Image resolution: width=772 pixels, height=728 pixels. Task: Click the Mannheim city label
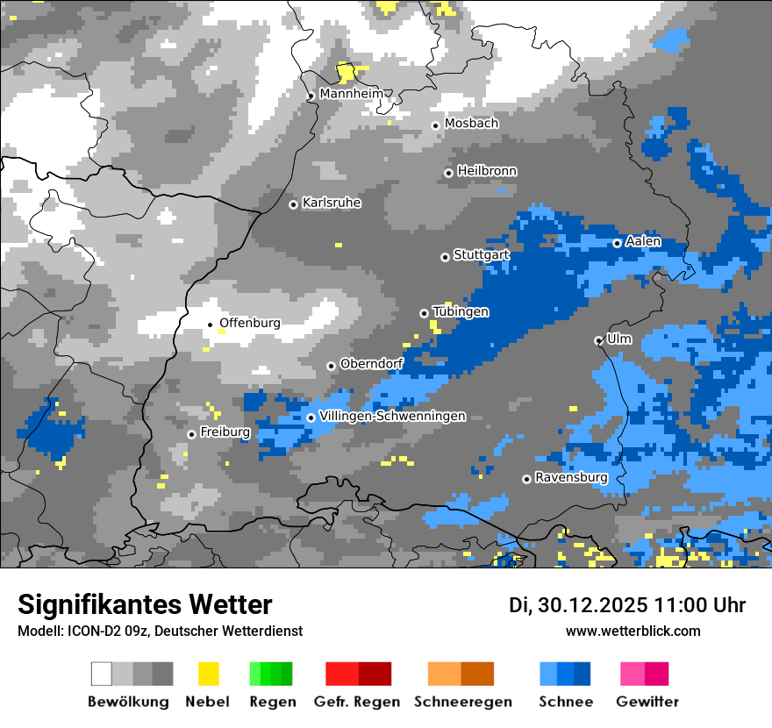click(x=351, y=93)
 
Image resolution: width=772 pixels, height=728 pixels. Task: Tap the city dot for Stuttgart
click(x=445, y=257)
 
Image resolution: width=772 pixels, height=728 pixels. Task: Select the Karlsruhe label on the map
click(x=332, y=203)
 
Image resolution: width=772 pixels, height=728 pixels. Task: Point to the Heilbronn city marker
click(x=448, y=173)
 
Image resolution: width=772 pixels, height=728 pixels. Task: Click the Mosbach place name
click(x=471, y=124)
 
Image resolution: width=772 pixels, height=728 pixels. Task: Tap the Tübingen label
click(x=461, y=312)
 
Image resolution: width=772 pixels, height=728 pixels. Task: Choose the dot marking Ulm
click(x=598, y=340)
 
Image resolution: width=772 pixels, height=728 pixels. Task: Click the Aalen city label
click(x=643, y=241)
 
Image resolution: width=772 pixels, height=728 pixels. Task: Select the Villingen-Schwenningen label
click(x=392, y=417)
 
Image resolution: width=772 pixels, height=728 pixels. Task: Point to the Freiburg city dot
click(x=191, y=434)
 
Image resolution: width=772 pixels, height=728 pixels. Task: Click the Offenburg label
click(x=250, y=323)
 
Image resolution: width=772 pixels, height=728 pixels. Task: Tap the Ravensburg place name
click(x=571, y=478)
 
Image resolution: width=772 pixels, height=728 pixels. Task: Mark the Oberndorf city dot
click(x=331, y=366)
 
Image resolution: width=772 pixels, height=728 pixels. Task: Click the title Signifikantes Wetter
click(x=145, y=604)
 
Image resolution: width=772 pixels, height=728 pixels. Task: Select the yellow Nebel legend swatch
click(x=208, y=674)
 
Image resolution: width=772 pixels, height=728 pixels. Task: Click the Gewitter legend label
click(x=647, y=702)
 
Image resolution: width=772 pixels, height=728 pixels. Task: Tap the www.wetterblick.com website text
click(x=633, y=632)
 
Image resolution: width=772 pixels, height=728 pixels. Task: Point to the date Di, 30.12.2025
click(x=577, y=605)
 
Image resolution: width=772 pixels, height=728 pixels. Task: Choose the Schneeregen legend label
click(x=462, y=702)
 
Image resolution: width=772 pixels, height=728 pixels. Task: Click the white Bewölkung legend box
click(x=102, y=674)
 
